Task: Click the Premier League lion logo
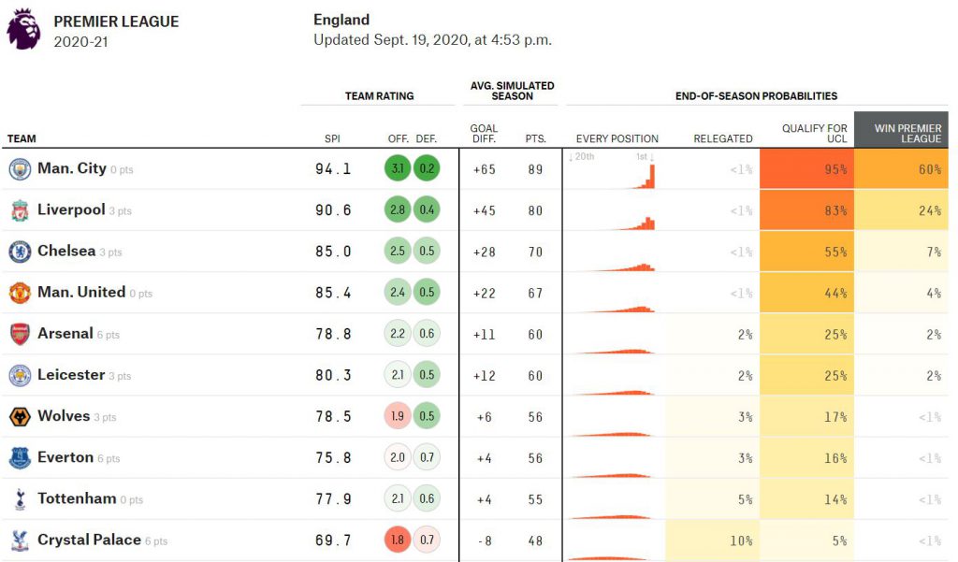pyautogui.click(x=23, y=29)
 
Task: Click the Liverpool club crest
pyautogui.click(x=20, y=210)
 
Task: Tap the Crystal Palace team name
pyautogui.click(x=89, y=540)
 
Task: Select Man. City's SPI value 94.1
pyautogui.click(x=333, y=169)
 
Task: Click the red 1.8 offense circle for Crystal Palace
pyautogui.click(x=398, y=540)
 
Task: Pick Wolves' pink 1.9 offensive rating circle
pyautogui.click(x=398, y=416)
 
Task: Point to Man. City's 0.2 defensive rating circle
pyautogui.click(x=427, y=168)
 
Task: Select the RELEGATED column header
pyautogui.click(x=723, y=138)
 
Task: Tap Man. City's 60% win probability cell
pyautogui.click(x=901, y=168)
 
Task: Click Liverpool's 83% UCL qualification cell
pyautogui.click(x=807, y=210)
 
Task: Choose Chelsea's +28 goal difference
pyautogui.click(x=484, y=252)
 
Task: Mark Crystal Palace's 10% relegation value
pyautogui.click(x=741, y=540)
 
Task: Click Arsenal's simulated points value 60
pyautogui.click(x=535, y=334)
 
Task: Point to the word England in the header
pyautogui.click(x=341, y=20)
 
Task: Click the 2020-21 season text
pyautogui.click(x=80, y=41)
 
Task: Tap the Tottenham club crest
pyautogui.click(x=20, y=499)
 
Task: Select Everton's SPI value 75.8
pyautogui.click(x=333, y=458)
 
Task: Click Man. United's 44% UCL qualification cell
pyautogui.click(x=807, y=293)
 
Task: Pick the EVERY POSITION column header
pyautogui.click(x=617, y=138)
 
